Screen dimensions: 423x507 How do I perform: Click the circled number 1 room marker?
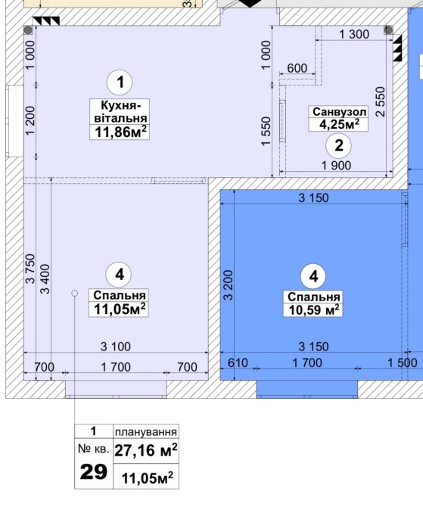click(120, 82)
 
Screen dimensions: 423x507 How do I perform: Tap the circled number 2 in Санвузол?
click(338, 145)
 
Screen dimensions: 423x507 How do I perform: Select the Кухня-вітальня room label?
click(120, 111)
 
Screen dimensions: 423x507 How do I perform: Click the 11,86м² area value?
click(120, 132)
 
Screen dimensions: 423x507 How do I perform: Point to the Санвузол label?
click(339, 112)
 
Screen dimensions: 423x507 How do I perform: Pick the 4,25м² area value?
click(339, 124)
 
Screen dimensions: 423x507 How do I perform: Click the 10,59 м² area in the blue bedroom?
click(314, 309)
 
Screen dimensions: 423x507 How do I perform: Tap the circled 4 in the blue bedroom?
click(314, 276)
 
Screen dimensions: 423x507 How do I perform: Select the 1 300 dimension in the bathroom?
click(354, 34)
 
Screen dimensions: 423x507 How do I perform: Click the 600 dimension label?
click(297, 68)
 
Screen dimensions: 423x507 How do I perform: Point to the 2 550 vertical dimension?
click(381, 101)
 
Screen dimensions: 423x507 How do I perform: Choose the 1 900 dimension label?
click(336, 165)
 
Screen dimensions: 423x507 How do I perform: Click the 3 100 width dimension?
click(116, 347)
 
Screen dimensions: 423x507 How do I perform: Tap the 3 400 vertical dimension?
click(45, 279)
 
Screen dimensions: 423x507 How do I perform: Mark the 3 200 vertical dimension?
click(228, 285)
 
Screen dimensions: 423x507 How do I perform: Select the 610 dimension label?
click(238, 362)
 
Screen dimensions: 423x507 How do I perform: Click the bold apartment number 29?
click(94, 471)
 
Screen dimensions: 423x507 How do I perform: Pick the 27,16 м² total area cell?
click(146, 449)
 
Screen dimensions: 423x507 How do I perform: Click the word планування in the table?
click(146, 431)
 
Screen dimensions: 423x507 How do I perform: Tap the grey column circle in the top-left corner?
click(29, 30)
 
